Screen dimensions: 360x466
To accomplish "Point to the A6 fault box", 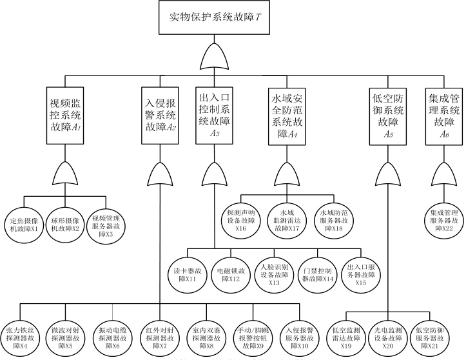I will (x=445, y=113).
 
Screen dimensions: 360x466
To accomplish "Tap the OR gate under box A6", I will (x=444, y=173).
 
